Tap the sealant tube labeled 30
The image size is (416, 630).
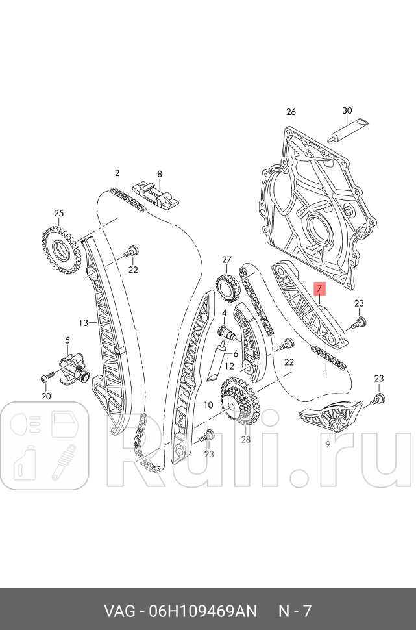(x=347, y=129)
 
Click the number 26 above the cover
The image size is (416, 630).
(x=290, y=112)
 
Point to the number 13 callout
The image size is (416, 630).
(x=83, y=322)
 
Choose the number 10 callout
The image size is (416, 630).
(x=208, y=405)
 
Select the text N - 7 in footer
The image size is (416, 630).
(x=295, y=611)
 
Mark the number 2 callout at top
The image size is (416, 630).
(x=117, y=173)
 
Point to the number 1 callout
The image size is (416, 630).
(x=325, y=375)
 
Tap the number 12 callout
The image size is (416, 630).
(x=228, y=366)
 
